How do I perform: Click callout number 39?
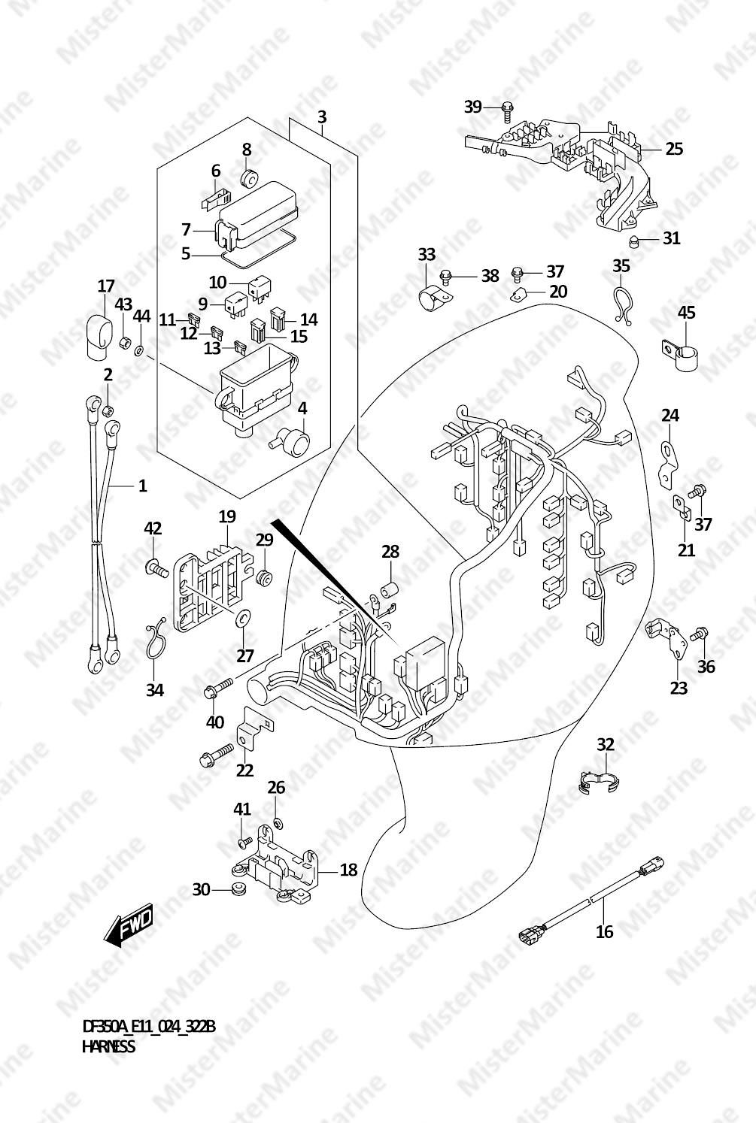(472, 107)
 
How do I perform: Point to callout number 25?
(674, 149)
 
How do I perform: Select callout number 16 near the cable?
(605, 931)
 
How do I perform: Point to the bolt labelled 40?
(219, 687)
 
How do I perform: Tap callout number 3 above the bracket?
(322, 117)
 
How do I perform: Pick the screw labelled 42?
(156, 568)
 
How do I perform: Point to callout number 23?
(679, 687)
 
